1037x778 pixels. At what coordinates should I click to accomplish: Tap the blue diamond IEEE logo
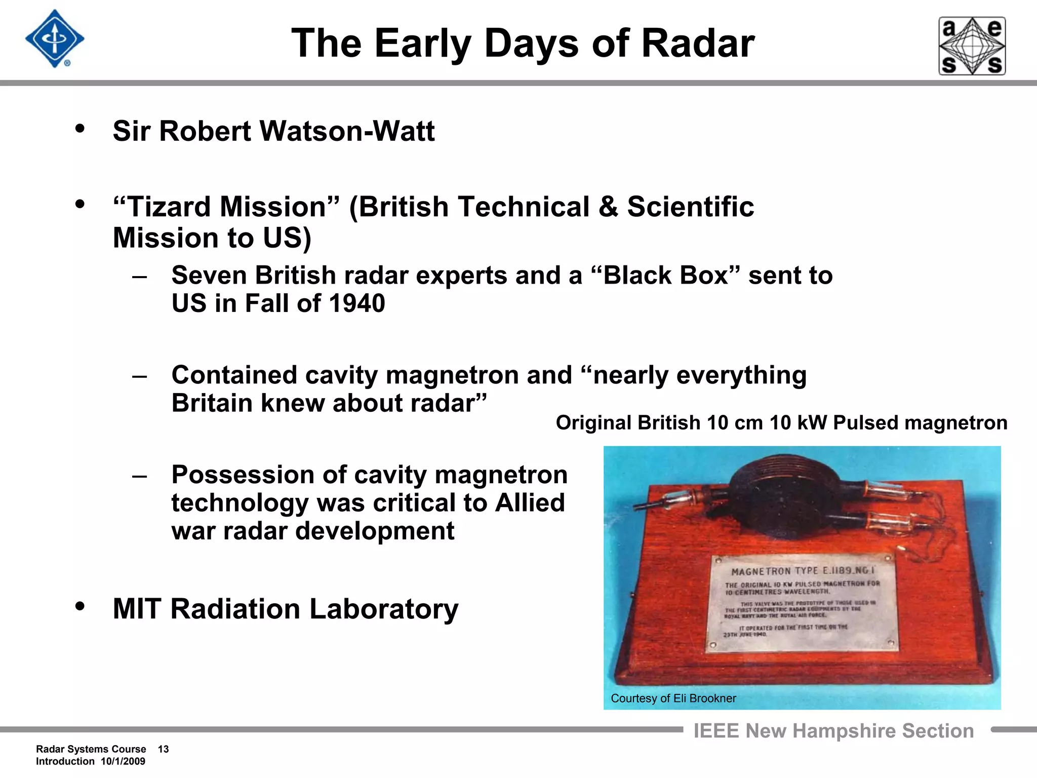coord(55,39)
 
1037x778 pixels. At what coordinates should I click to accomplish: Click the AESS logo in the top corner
coord(972,46)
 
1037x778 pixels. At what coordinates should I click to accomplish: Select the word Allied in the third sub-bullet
coord(529,503)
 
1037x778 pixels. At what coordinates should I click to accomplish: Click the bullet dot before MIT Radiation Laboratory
coord(79,606)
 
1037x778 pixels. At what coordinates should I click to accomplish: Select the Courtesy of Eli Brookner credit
coord(673,698)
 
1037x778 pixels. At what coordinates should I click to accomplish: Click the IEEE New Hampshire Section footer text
coord(833,731)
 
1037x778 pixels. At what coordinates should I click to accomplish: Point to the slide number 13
coord(163,749)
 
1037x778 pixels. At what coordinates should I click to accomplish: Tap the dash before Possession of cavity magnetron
coord(139,476)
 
